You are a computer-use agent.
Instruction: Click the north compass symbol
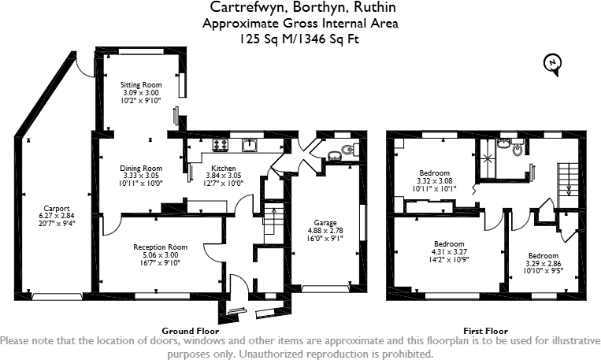pyautogui.click(x=555, y=65)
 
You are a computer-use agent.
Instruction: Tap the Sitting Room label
pyautogui.click(x=141, y=84)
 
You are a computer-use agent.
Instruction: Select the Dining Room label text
pyautogui.click(x=141, y=168)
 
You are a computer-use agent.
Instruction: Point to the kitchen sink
pyautogui.click(x=250, y=144)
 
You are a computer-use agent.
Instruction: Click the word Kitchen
pyautogui.click(x=223, y=168)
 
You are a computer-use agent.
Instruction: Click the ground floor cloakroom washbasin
pyautogui.click(x=332, y=154)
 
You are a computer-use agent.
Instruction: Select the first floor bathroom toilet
pyautogui.click(x=519, y=148)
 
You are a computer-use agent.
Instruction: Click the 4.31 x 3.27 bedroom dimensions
pyautogui.click(x=449, y=252)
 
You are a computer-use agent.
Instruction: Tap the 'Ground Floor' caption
pyautogui.click(x=190, y=331)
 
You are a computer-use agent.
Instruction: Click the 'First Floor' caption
pyautogui.click(x=485, y=331)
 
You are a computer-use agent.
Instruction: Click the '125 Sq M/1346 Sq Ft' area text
pyautogui.click(x=300, y=37)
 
